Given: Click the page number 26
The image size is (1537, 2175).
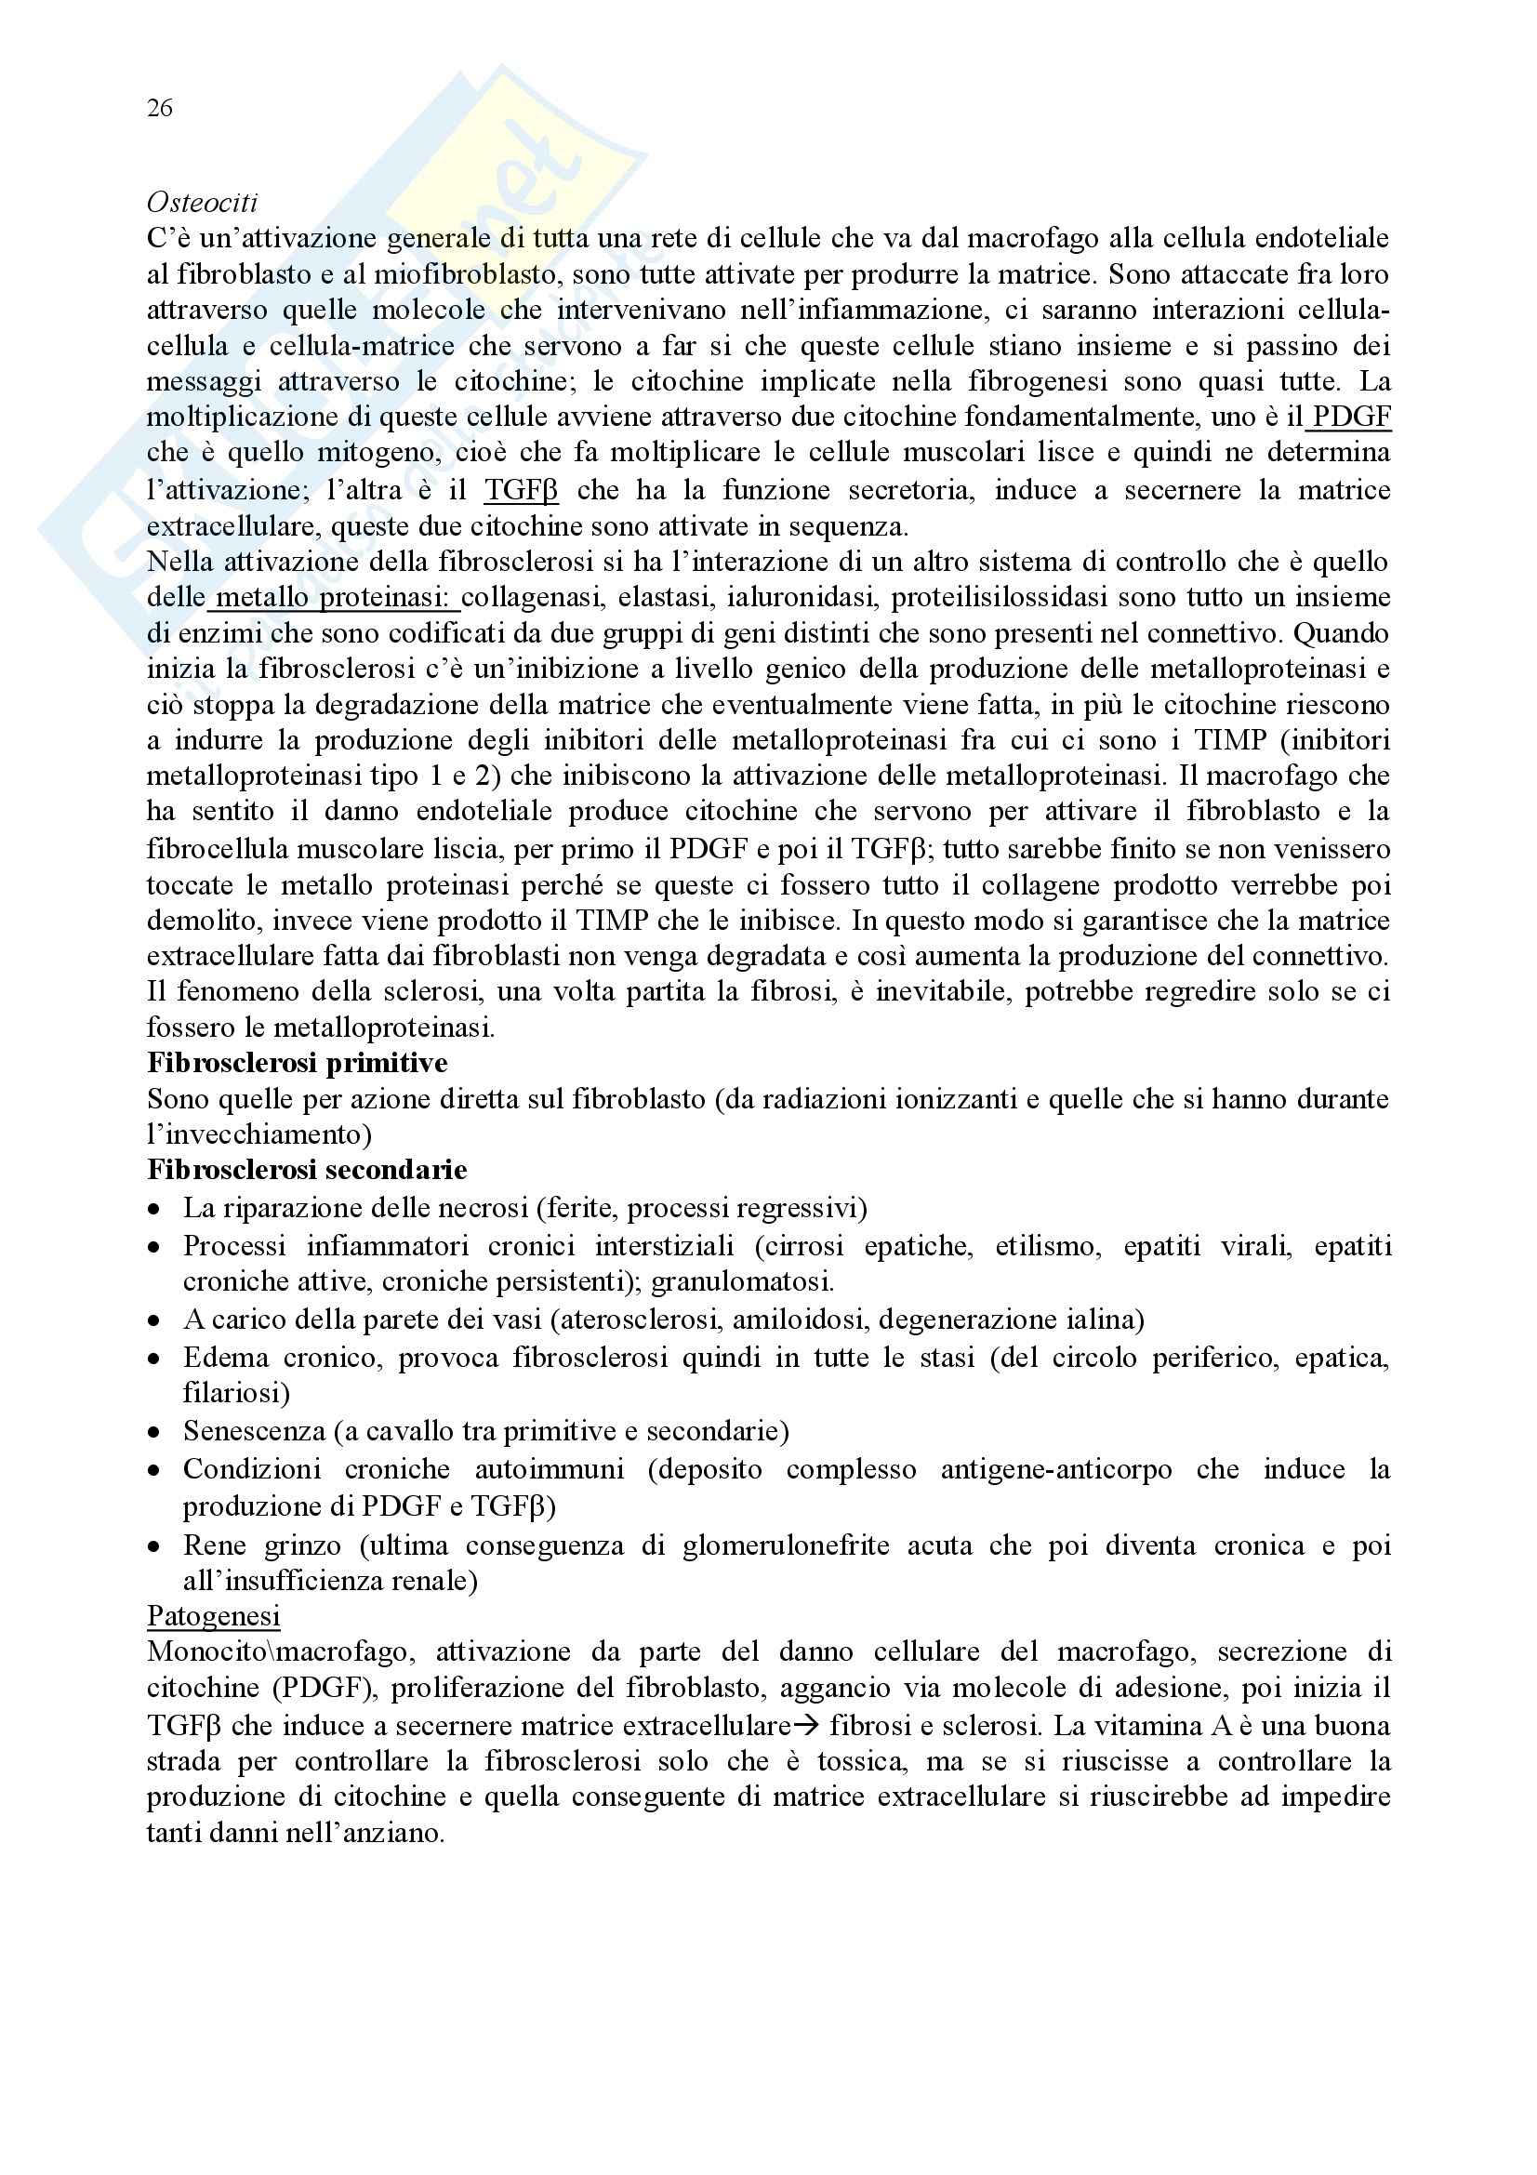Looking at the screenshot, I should [x=159, y=109].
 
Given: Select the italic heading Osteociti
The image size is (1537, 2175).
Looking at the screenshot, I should [x=202, y=203].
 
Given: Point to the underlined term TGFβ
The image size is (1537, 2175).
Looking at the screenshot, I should [x=521, y=490].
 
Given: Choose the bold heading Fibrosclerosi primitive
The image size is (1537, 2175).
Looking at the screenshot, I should [x=298, y=1063].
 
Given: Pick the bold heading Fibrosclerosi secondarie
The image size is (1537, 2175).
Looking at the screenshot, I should [x=307, y=1171].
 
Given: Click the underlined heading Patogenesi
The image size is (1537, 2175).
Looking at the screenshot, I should [x=213, y=1616].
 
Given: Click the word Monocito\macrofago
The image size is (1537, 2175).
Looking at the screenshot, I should [x=279, y=1652].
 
